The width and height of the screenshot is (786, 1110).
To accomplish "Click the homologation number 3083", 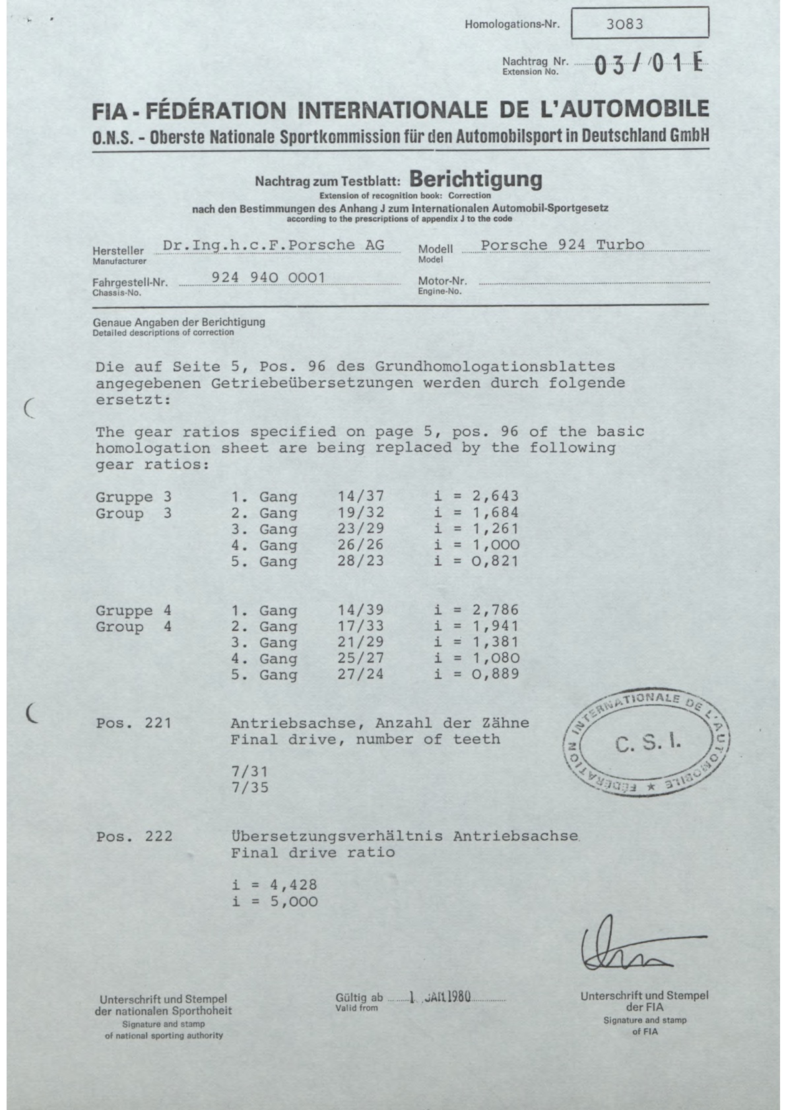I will [x=624, y=24].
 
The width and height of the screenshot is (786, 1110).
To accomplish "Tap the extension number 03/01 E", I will [x=649, y=66].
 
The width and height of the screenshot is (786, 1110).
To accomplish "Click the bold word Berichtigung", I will [x=476, y=179].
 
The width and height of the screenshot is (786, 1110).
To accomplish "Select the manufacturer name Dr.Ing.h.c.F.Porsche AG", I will [x=273, y=245].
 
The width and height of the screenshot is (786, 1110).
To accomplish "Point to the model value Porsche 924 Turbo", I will [x=562, y=245].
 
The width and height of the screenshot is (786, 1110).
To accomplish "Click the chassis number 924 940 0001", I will [x=268, y=278].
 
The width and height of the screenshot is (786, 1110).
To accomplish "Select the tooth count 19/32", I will [x=360, y=512].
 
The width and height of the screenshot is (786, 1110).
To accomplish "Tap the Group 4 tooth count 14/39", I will [x=360, y=610].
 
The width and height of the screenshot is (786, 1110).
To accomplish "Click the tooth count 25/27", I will [x=360, y=658].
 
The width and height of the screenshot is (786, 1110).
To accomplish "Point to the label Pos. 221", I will [x=133, y=723].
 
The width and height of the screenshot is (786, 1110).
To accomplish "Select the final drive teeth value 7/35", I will [x=250, y=787].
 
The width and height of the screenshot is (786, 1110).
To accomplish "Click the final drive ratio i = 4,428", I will [x=275, y=885].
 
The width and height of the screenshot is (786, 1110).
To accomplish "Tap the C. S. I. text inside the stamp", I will [x=648, y=745].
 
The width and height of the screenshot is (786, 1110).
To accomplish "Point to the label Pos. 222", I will [x=134, y=836].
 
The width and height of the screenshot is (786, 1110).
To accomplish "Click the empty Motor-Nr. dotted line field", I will [x=594, y=282].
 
